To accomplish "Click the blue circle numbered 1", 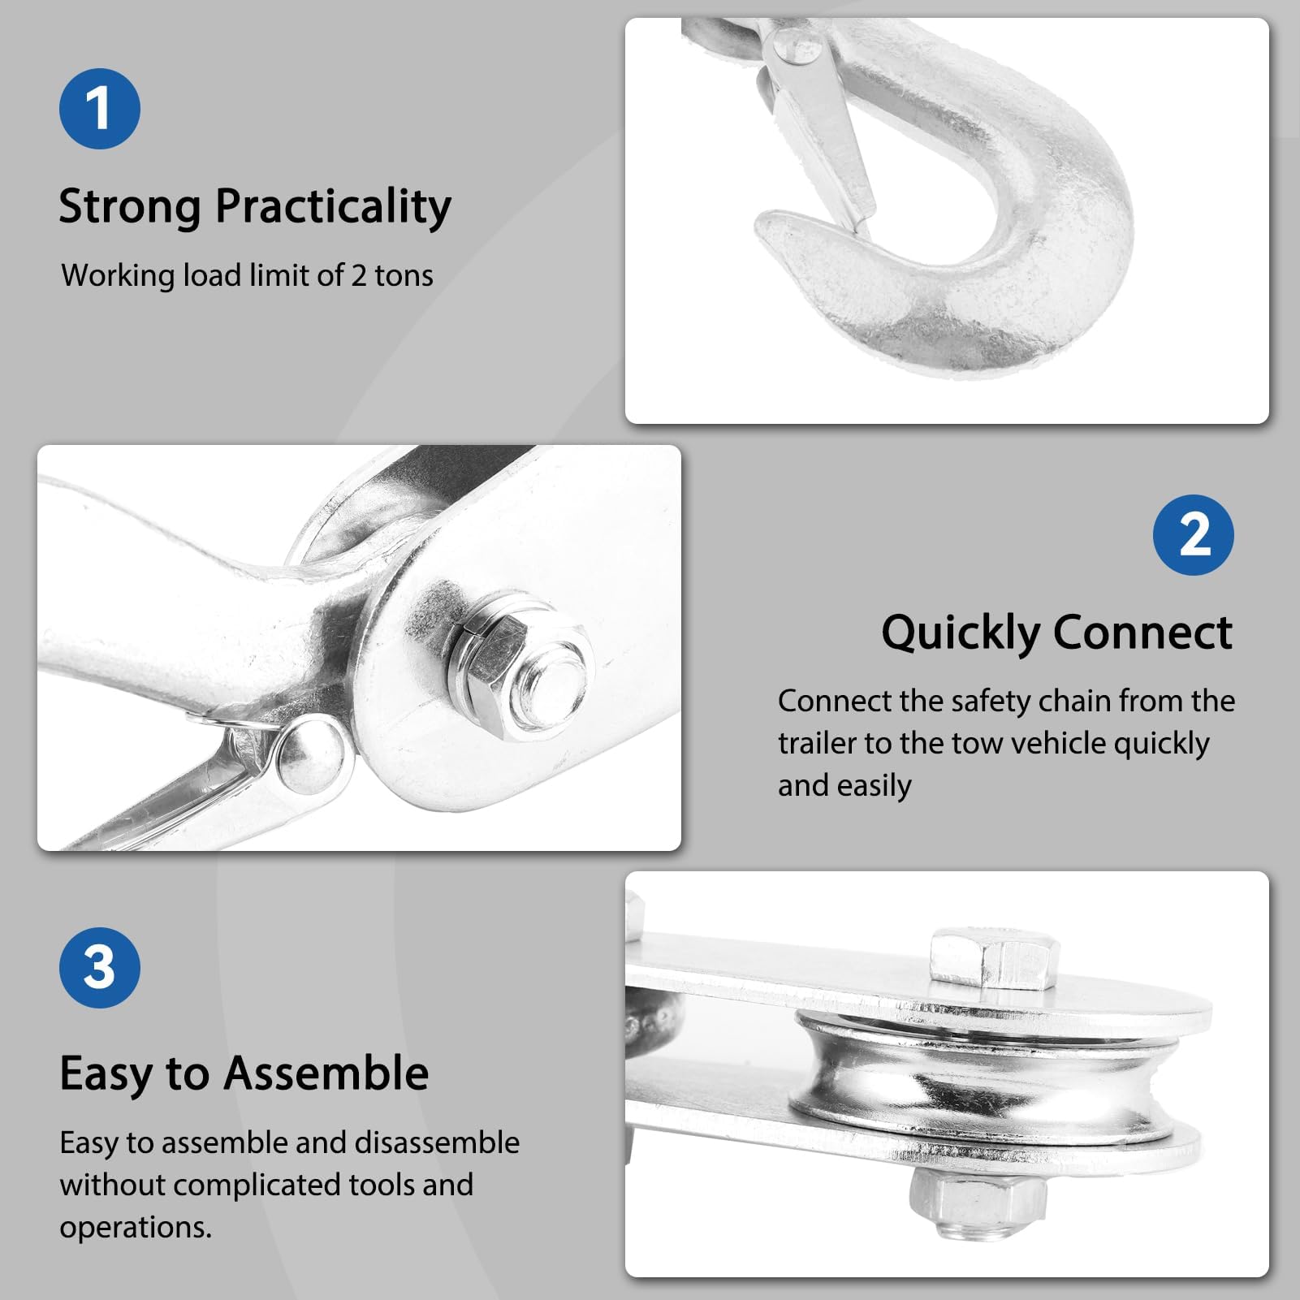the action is pos(99,109).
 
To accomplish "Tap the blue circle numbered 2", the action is pos(1193,535).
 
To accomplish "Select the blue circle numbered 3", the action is pos(99,968).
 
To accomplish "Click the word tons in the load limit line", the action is pos(404,276).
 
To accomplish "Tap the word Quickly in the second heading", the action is pos(961,633).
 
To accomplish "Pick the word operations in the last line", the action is pos(136,1227).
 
